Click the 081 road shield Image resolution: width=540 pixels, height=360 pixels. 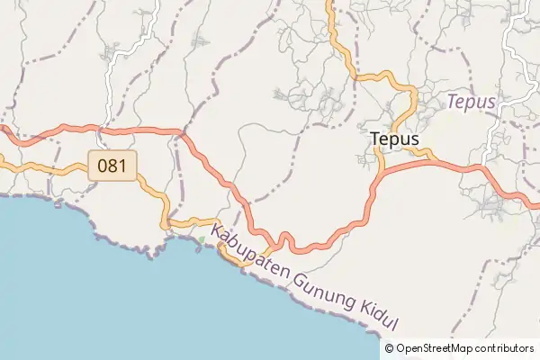(x=112, y=165)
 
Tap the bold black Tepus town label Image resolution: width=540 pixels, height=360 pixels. (x=394, y=139)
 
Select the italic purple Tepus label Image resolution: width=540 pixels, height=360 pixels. (x=471, y=102)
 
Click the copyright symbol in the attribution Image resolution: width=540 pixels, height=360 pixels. (x=389, y=348)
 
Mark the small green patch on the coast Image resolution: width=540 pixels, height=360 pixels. (x=202, y=238)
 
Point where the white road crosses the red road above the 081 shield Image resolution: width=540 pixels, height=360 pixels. (x=108, y=130)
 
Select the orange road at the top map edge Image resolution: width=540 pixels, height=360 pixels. (x=329, y=4)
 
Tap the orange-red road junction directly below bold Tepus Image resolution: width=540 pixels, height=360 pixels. (x=382, y=172)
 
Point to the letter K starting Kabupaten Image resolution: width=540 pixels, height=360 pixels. (x=217, y=231)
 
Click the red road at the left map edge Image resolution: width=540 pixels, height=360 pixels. (x=3, y=130)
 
